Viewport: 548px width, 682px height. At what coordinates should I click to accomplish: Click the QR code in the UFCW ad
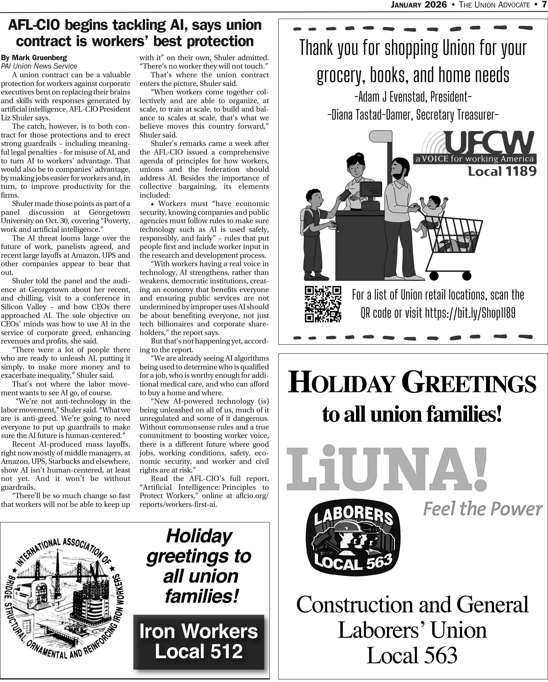[x=323, y=304]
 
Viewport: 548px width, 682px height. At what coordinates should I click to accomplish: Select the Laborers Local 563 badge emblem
[x=353, y=540]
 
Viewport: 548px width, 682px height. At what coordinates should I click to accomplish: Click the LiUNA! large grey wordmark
[x=386, y=468]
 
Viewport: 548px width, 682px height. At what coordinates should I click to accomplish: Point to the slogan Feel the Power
[x=482, y=509]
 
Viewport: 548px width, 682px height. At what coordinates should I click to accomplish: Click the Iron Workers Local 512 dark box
[x=199, y=642]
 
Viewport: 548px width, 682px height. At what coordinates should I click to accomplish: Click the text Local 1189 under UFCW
[x=502, y=171]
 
